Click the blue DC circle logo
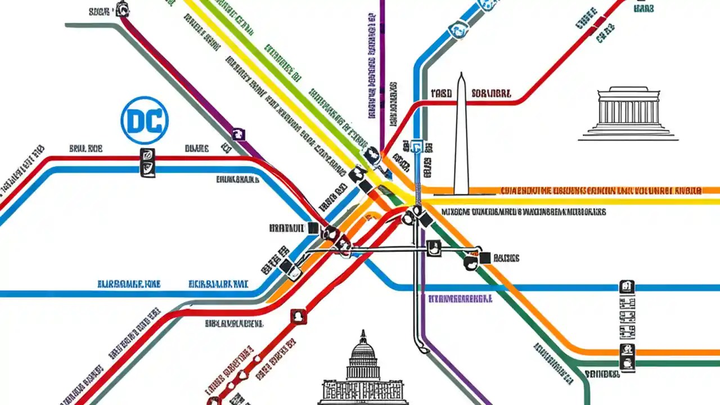point(145,120)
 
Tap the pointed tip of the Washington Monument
point(461,75)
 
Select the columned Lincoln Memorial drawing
point(628,112)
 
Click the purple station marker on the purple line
point(239,134)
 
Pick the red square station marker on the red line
point(298,317)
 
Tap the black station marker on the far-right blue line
point(627,287)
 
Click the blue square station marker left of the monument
point(417,147)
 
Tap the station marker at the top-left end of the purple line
point(121,9)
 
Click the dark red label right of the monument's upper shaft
point(491,93)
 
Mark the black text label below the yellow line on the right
point(523,213)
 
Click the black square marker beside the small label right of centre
point(484,258)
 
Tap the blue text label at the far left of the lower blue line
point(129,284)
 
